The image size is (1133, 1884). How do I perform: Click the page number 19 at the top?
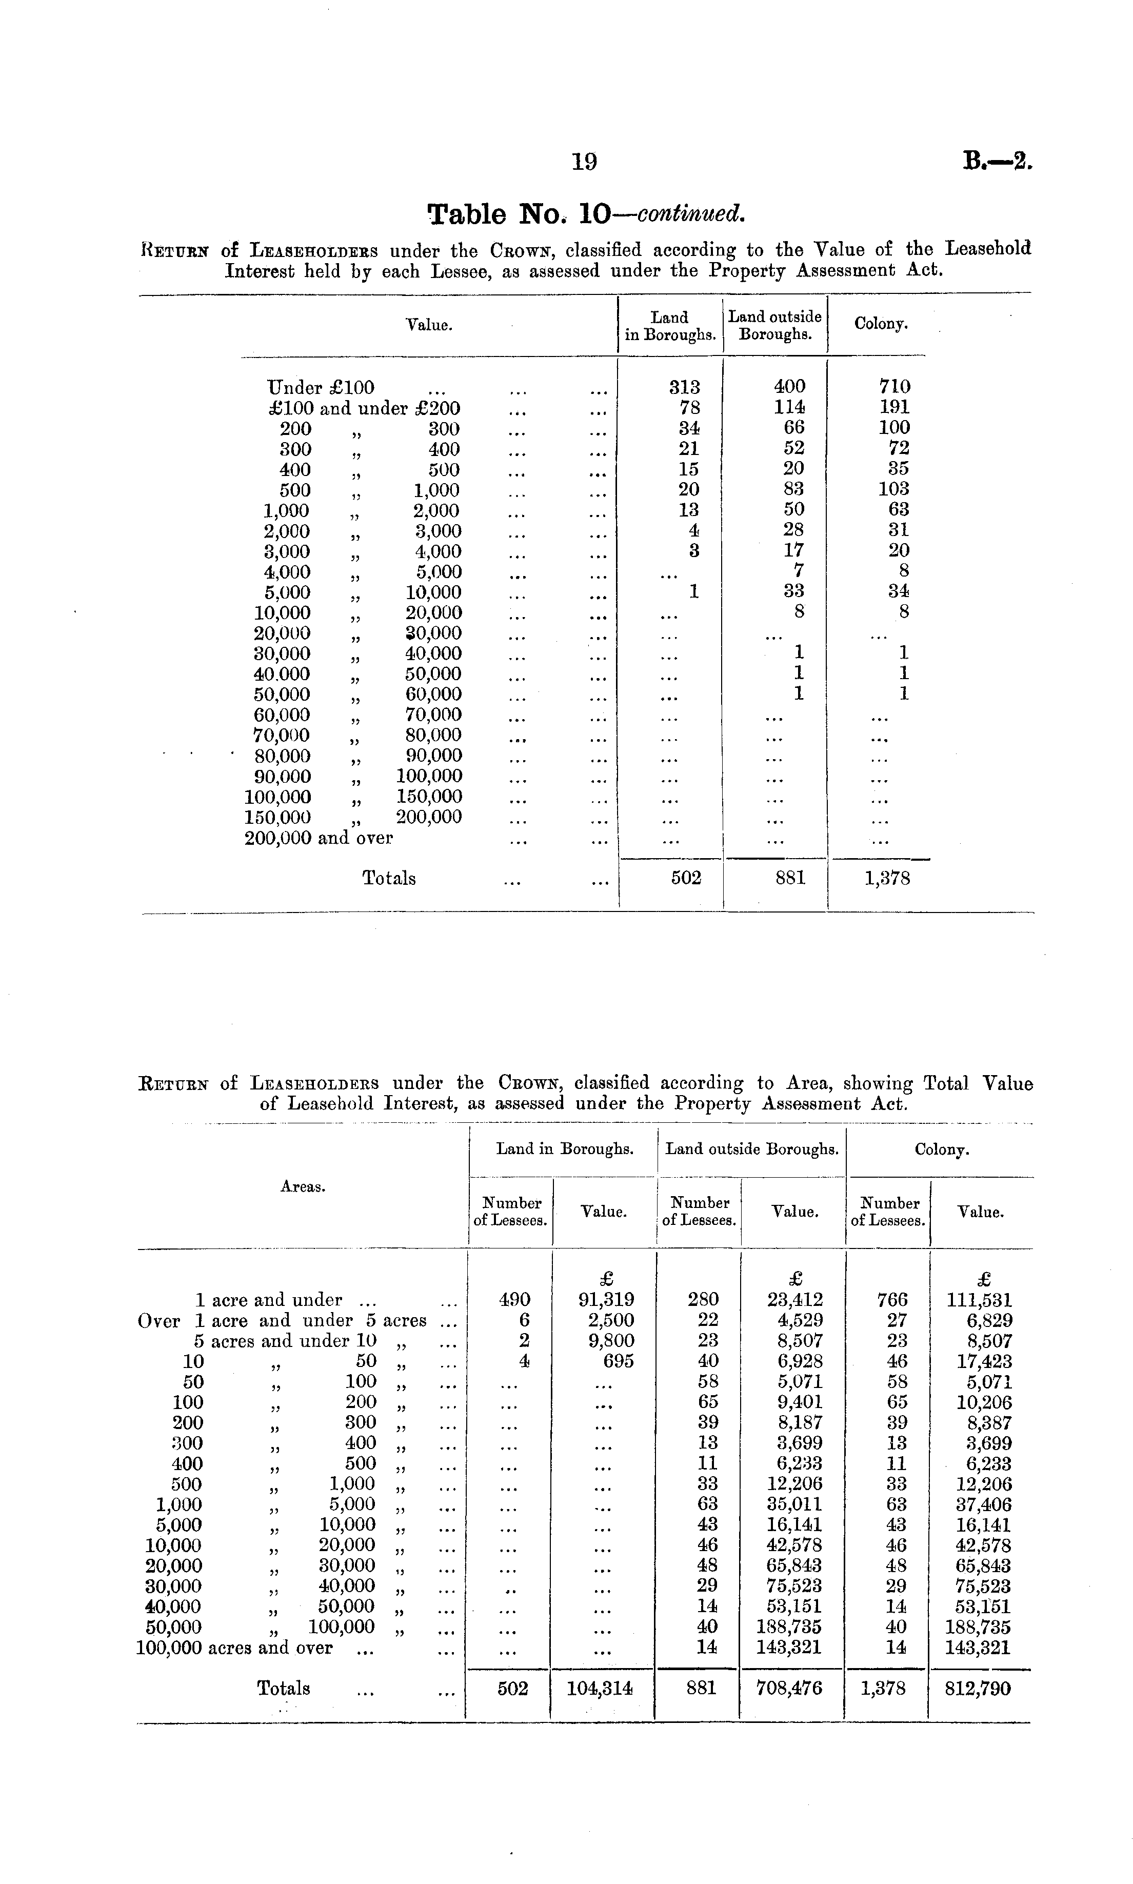pos(585,161)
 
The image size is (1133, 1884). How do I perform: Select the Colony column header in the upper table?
pos(881,324)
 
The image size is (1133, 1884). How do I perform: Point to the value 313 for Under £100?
pos(685,387)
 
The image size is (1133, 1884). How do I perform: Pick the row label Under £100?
pos(321,388)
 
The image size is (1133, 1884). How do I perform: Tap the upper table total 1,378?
pos(887,879)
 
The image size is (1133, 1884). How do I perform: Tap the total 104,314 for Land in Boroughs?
pos(600,1689)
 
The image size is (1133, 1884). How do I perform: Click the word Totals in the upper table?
pos(389,879)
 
